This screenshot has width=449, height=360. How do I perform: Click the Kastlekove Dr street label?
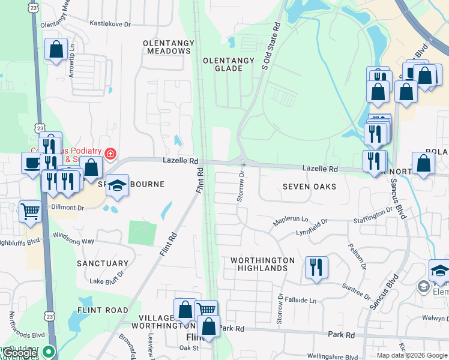coord(110,23)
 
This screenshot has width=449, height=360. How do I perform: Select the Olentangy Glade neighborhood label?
coord(223,64)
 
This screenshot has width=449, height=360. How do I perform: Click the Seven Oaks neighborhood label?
coord(309,187)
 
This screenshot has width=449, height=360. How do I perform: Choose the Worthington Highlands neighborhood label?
coord(263,264)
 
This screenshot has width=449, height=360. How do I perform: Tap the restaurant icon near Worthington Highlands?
coord(316,266)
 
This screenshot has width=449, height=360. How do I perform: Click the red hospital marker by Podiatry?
coord(110,154)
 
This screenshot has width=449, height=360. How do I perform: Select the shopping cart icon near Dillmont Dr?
coord(31,211)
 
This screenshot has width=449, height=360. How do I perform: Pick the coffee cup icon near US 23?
coord(32,162)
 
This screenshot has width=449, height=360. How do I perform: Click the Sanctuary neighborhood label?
coord(103,263)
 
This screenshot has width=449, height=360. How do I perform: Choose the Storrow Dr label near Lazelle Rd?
coord(241,182)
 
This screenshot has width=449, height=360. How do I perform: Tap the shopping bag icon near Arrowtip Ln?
coord(56,50)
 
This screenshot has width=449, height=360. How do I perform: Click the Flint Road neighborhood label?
coord(103,310)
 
